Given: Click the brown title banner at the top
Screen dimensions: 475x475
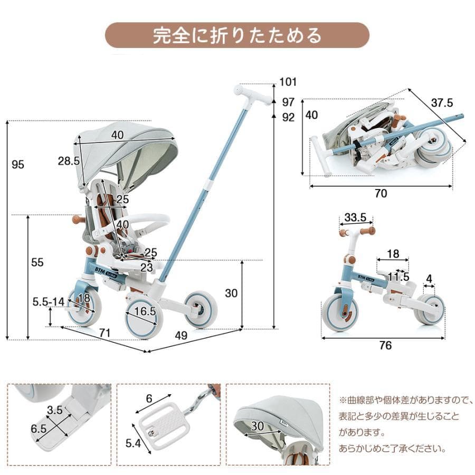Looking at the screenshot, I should [x=237, y=35].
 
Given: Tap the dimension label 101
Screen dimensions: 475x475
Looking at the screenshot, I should [x=288, y=82].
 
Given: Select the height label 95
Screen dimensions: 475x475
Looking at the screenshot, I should [x=18, y=165].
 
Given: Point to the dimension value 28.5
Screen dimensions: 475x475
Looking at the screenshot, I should [x=69, y=161].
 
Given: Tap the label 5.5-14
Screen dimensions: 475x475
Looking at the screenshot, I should [x=48, y=301].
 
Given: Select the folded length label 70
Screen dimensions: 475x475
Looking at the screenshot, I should [x=381, y=194].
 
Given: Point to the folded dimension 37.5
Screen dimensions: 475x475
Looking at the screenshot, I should [x=442, y=102].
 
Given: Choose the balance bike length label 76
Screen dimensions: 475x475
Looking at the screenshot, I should [x=386, y=346].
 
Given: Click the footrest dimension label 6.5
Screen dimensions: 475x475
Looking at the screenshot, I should [x=38, y=429].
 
